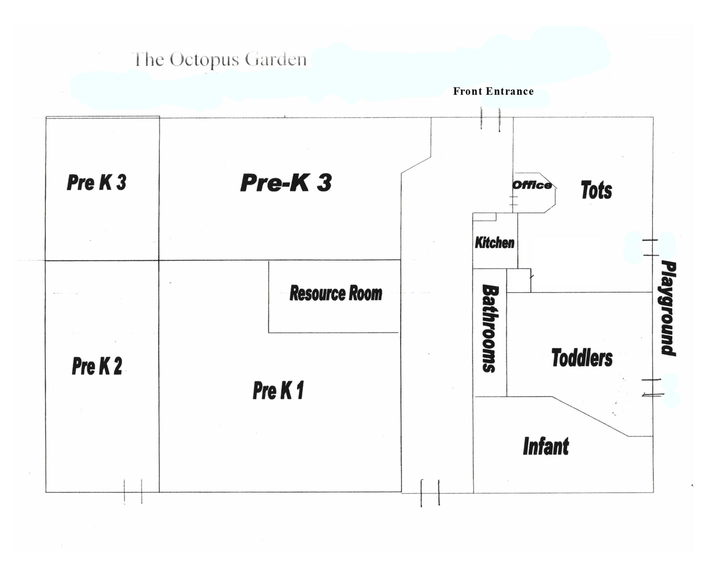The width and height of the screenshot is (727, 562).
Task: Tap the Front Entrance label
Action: coord(493,91)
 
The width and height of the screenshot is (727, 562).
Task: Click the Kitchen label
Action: coord(495,243)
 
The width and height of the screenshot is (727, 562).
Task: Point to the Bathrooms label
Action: coord(490,328)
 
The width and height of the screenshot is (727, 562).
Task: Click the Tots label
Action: coord(596,190)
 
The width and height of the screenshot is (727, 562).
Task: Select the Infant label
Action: coord(546,446)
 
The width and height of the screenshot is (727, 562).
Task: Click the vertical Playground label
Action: coord(668,308)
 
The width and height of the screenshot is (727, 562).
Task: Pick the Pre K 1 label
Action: coord(278,391)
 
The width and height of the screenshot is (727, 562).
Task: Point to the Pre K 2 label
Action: coord(97,366)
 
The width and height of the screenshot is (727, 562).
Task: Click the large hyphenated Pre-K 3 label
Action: coord(286,183)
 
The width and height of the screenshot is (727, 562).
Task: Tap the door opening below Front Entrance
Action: coord(490,119)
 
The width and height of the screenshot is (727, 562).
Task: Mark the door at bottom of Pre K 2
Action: coord(133,491)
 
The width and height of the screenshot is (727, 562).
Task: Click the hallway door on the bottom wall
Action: coord(430,493)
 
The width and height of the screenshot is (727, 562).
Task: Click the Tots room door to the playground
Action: coord(651,247)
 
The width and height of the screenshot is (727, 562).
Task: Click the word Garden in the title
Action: coord(276,60)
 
